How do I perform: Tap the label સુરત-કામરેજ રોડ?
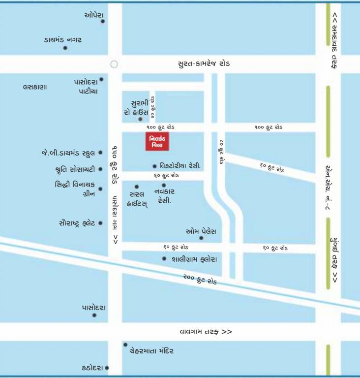pyautogui.click(x=204, y=64)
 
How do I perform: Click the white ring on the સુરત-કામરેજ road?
pyautogui.click(x=114, y=64)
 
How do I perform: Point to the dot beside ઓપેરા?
pyautogui.click(x=103, y=21)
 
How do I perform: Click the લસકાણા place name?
pyautogui.click(x=34, y=87)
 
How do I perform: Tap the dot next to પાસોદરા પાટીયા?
pyautogui.click(x=101, y=79)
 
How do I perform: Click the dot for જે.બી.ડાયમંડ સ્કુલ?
pyautogui.click(x=100, y=153)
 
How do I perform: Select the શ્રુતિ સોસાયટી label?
pyautogui.click(x=75, y=169)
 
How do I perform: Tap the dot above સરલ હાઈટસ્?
pyautogui.click(x=137, y=187)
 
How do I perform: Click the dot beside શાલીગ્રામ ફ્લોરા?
pyautogui.click(x=164, y=258)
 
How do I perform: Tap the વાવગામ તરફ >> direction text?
pyautogui.click(x=206, y=332)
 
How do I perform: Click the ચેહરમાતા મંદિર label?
pyautogui.click(x=151, y=351)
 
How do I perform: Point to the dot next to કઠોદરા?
pyautogui.click(x=107, y=368)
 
